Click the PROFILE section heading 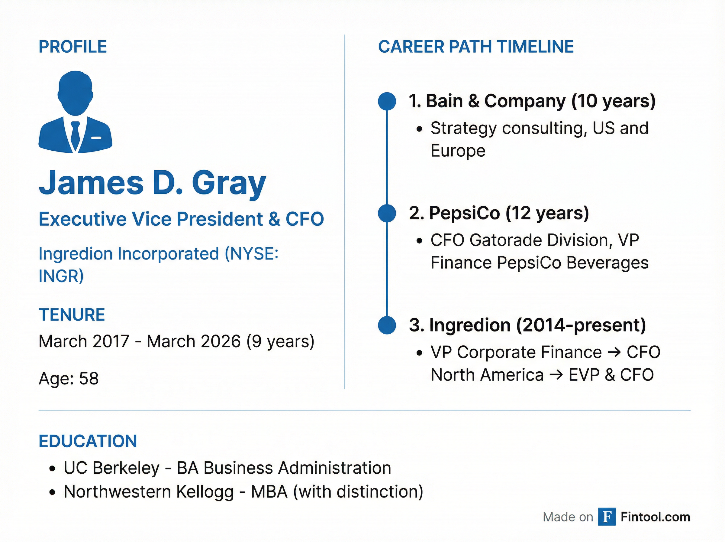(73, 47)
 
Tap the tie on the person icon (75, 135)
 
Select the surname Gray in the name (229, 183)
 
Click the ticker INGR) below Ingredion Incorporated (61, 276)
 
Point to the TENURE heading (72, 315)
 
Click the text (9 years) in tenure (280, 341)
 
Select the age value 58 (89, 378)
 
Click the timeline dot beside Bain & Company (387, 101)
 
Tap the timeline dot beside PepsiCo (387, 213)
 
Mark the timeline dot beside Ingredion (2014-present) (387, 325)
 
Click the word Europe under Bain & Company (458, 151)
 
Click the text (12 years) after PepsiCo (547, 213)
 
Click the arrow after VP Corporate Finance (614, 352)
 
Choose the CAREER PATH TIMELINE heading (476, 47)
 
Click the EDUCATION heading (88, 441)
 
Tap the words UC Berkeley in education (111, 468)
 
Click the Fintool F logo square (607, 517)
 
